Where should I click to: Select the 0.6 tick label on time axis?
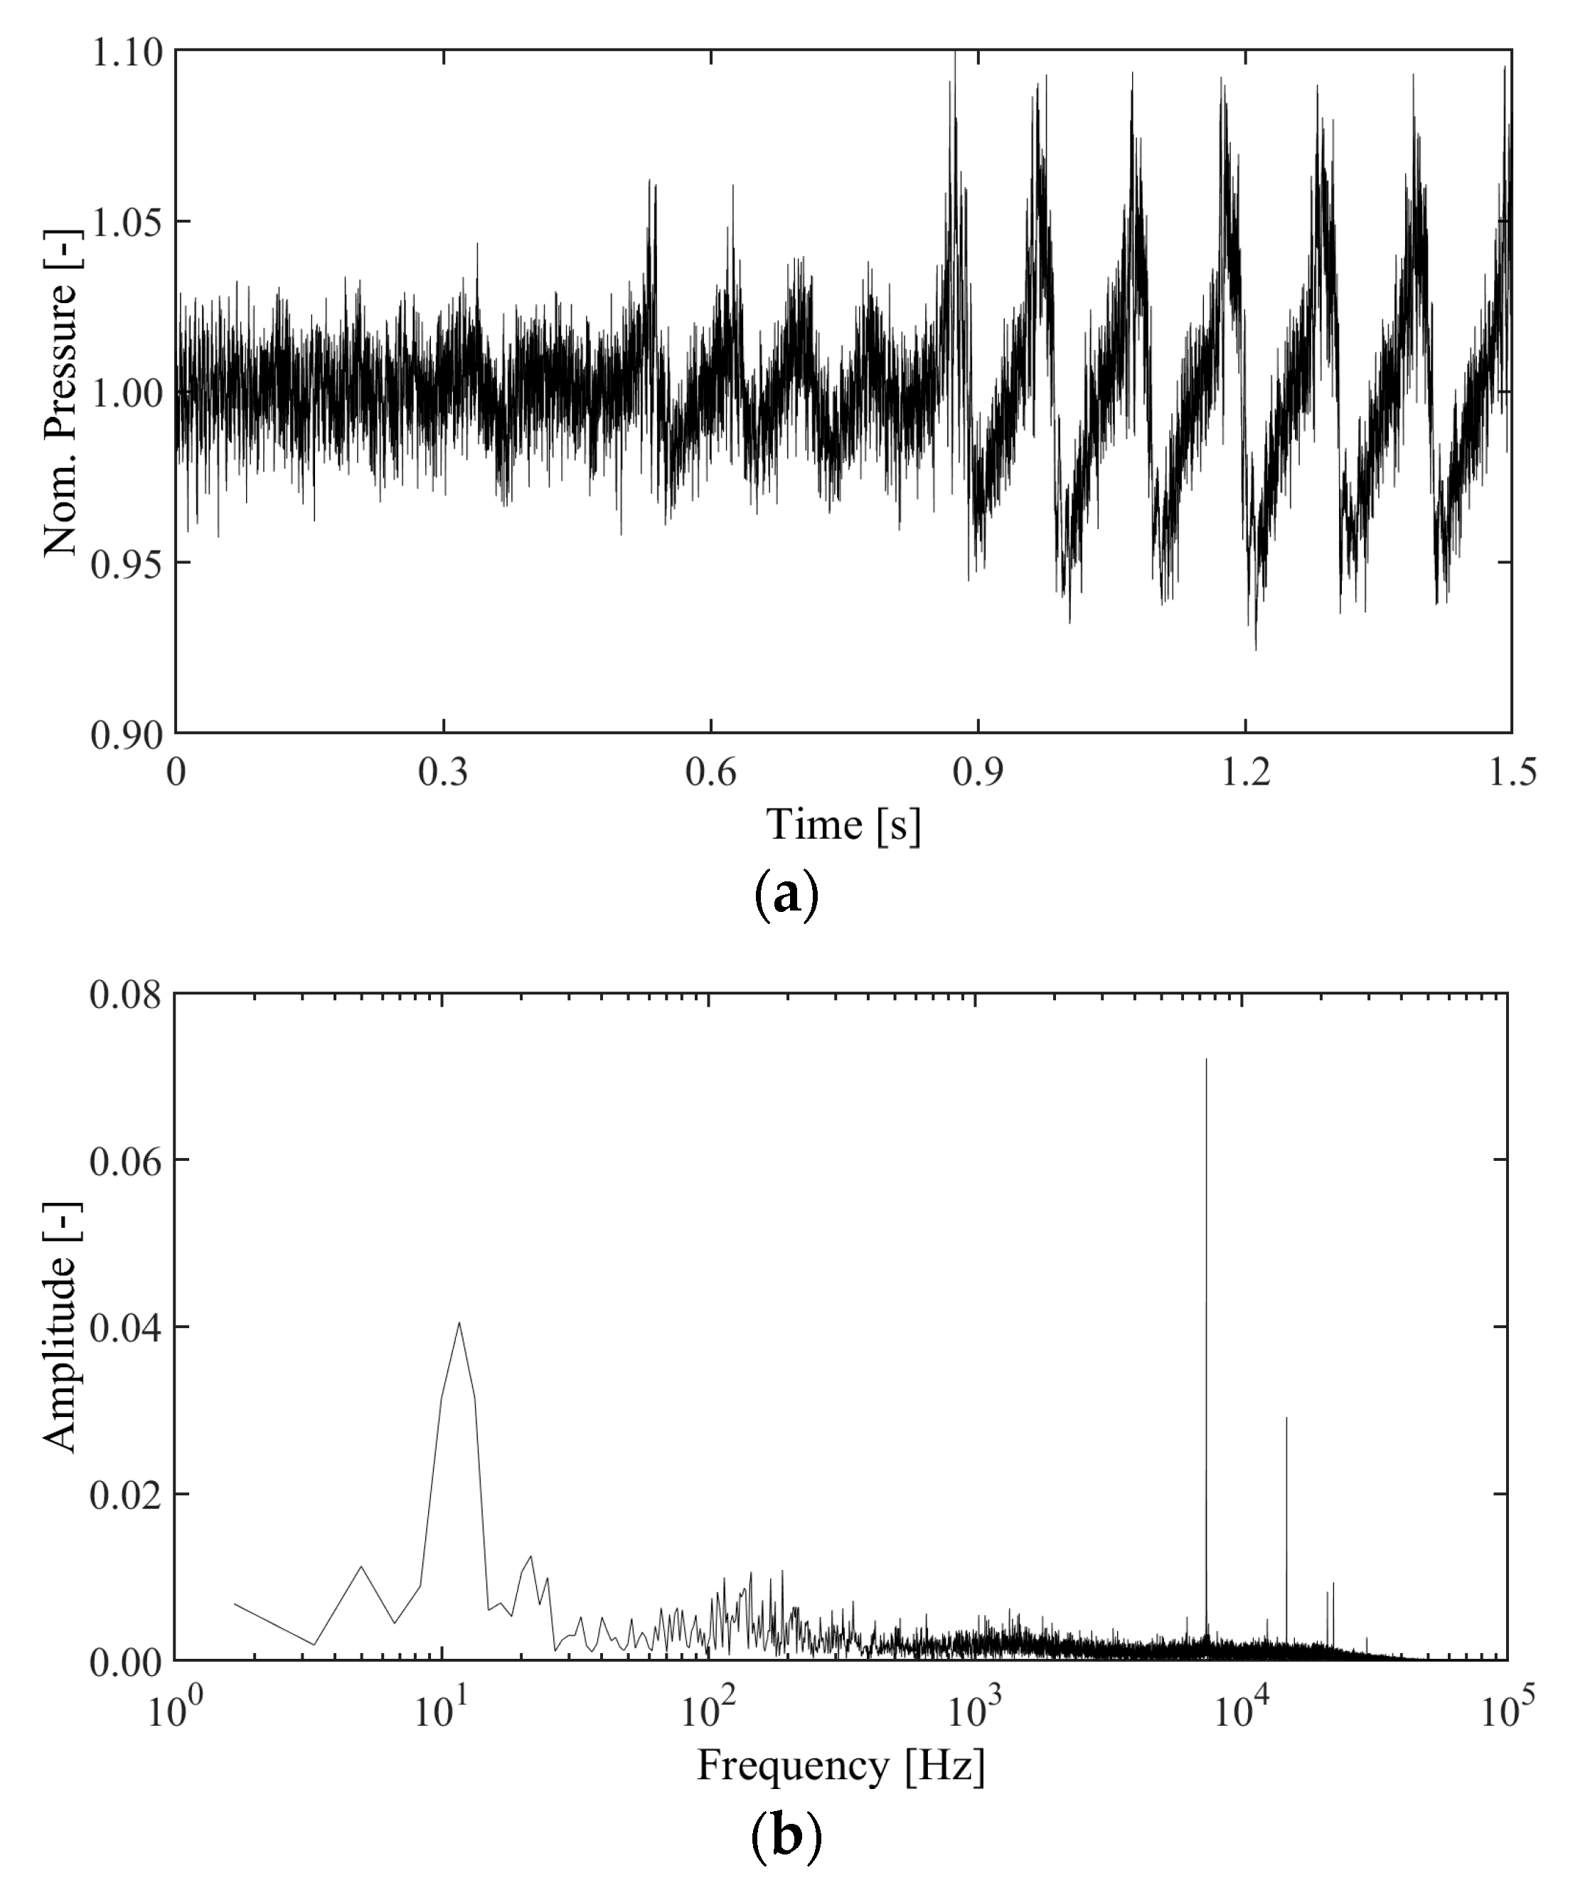click(x=711, y=773)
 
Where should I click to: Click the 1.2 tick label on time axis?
click(x=1246, y=773)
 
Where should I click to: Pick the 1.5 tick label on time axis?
click(x=1512, y=773)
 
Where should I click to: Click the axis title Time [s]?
click(x=843, y=825)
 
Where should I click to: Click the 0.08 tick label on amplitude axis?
click(x=126, y=995)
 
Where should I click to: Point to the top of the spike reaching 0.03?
click(x=1286, y=1418)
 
